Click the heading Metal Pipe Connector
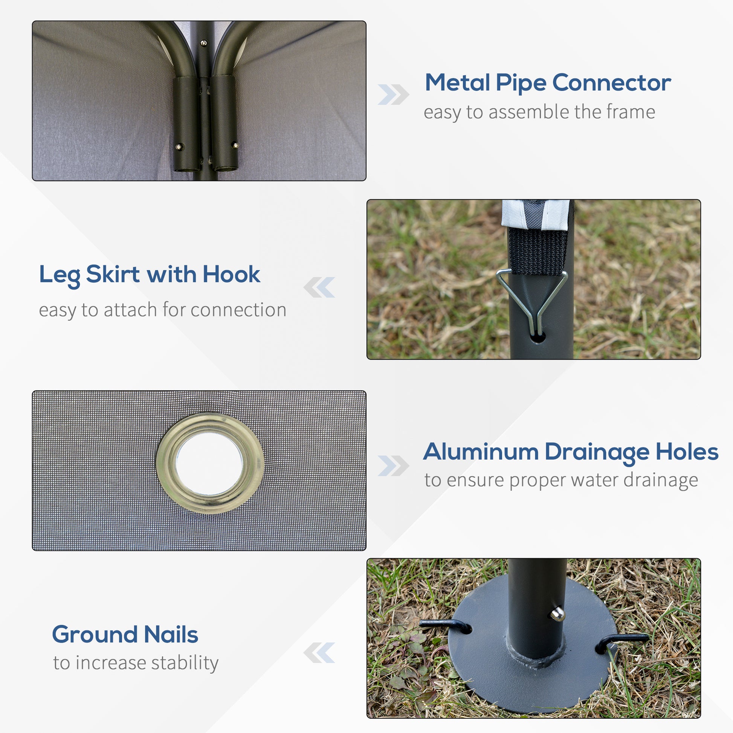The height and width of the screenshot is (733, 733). click(548, 83)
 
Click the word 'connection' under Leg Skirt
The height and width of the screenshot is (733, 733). click(238, 310)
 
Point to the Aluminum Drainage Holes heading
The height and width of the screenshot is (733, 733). click(571, 452)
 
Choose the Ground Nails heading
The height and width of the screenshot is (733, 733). click(125, 634)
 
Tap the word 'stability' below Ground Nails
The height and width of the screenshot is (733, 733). click(185, 663)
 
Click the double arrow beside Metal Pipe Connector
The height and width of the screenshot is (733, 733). click(394, 95)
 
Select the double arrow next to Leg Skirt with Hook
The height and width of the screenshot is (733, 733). click(319, 287)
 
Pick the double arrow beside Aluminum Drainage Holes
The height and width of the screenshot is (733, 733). click(394, 466)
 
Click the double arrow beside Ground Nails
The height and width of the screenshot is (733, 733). click(319, 652)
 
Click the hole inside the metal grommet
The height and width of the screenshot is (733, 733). click(209, 464)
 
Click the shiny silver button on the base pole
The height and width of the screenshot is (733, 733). click(557, 614)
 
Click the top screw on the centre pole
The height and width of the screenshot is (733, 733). click(204, 43)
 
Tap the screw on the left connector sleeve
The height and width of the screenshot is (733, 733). click(179, 147)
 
